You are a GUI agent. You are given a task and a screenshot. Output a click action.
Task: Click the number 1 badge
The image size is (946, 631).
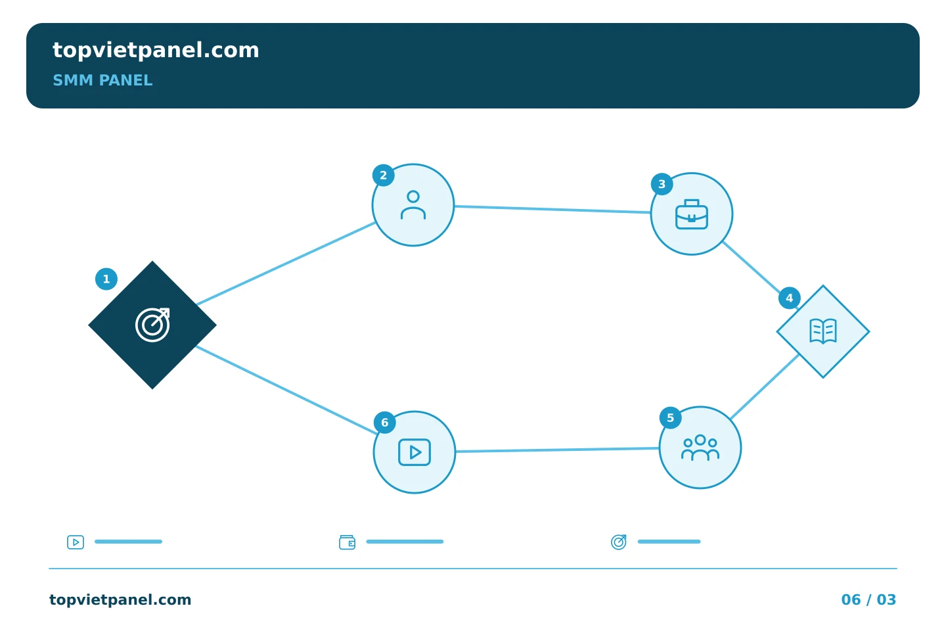point(106,279)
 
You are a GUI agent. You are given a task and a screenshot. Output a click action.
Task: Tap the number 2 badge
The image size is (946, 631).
point(384,175)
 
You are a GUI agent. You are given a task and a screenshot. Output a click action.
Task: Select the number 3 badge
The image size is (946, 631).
point(662,184)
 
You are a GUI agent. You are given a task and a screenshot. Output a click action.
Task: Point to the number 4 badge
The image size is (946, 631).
point(790,298)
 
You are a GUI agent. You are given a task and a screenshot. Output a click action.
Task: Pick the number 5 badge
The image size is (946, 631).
point(671,418)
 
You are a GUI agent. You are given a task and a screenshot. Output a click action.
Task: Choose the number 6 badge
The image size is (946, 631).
point(385,423)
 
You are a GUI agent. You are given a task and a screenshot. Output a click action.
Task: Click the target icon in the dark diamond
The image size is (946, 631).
point(152,325)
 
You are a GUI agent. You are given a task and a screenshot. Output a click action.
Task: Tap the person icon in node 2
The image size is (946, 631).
point(413,205)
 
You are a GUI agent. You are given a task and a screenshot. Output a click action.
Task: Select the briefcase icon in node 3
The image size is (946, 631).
point(692,214)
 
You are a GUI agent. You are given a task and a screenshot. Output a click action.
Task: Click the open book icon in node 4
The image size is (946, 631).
point(823,331)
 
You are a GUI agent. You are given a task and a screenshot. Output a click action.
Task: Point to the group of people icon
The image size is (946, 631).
point(700,448)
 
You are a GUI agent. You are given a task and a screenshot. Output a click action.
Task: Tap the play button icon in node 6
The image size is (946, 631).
point(415,452)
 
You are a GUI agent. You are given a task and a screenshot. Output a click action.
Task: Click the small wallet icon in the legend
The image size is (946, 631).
point(347,542)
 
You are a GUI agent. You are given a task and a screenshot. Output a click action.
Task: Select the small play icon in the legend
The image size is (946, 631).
point(76,542)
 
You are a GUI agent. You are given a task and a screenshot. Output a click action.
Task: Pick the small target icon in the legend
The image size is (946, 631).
point(619,542)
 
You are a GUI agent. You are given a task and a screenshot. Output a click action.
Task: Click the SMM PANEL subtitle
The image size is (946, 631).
point(102,80)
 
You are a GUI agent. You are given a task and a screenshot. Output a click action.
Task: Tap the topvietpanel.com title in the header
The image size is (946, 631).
point(156,50)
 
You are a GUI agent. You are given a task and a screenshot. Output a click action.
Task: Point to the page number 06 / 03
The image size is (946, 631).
point(868,599)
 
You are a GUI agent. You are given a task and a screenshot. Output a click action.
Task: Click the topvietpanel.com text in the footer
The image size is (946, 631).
point(120,599)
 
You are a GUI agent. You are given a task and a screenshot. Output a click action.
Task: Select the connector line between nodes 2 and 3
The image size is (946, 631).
point(552,209)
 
